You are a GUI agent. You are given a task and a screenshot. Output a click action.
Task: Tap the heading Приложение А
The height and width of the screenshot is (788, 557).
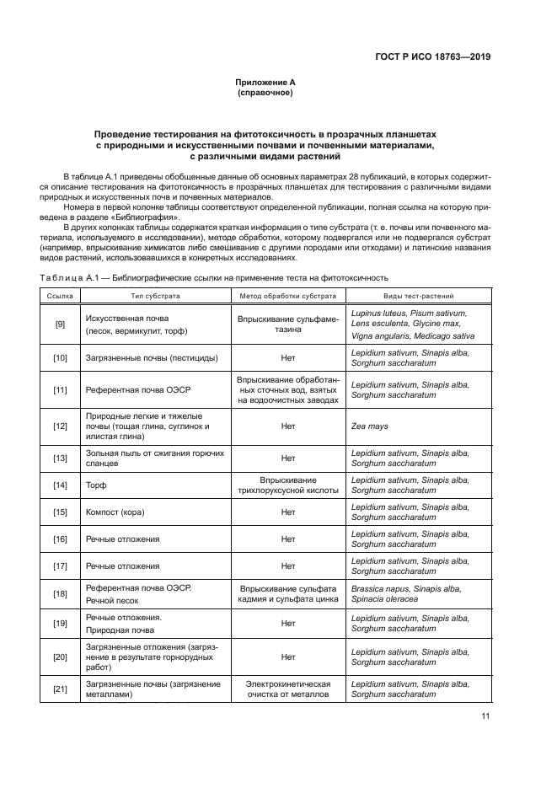pos(265,82)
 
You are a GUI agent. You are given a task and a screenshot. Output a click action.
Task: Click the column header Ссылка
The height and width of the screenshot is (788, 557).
pos(60,297)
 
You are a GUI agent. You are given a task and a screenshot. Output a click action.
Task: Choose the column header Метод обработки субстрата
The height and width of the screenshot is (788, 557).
pos(287,297)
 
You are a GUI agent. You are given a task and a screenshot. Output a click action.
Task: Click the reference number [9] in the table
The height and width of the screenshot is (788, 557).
pos(60,324)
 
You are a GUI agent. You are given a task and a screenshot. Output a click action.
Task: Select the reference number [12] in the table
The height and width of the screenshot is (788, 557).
pos(60,426)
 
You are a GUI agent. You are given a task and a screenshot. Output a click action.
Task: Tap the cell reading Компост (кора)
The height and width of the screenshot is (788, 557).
pos(116,512)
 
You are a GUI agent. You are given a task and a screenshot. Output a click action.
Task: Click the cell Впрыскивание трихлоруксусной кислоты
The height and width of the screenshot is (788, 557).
pos(287,485)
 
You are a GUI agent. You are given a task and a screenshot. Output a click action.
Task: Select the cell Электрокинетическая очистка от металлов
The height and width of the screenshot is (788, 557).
pos(287,690)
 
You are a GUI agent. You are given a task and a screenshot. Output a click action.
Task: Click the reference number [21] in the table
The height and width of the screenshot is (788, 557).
pos(60,690)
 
